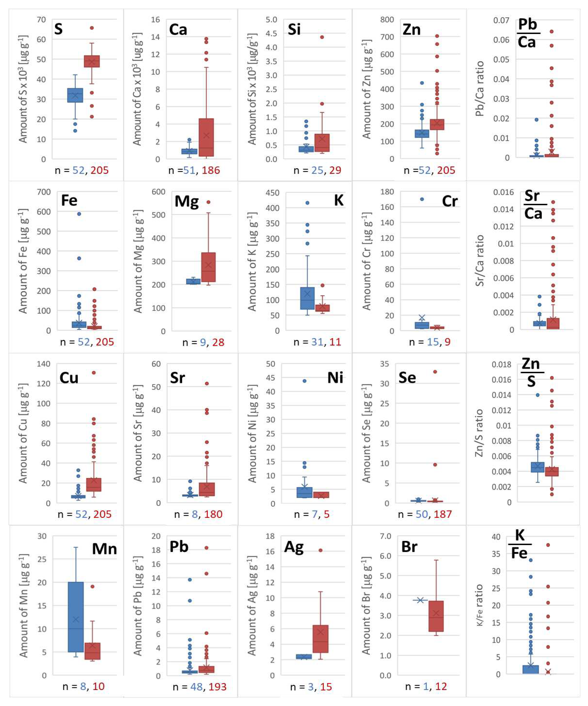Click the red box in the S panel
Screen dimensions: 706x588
pos(91,61)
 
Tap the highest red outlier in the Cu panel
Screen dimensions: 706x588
pos(94,372)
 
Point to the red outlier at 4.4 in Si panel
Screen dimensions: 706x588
pos(322,37)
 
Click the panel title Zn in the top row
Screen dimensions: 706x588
pos(411,30)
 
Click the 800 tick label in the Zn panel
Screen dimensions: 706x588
pos(387,20)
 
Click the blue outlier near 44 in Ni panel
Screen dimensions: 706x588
pos(304,381)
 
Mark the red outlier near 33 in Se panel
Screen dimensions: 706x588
pos(435,371)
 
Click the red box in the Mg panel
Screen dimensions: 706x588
pos(208,267)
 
